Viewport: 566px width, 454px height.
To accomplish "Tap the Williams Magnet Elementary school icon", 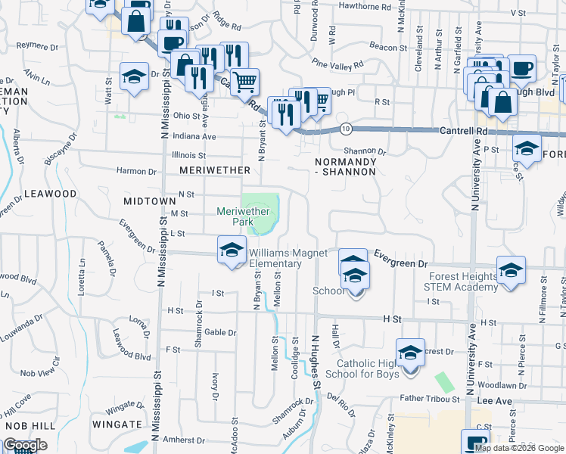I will [x=232, y=250].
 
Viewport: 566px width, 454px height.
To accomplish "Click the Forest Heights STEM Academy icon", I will [x=511, y=269].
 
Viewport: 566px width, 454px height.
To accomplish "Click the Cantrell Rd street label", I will [x=464, y=131].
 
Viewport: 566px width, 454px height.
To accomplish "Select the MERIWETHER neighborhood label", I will [x=208, y=171].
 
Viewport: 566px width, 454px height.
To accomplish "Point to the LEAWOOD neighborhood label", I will [x=51, y=194].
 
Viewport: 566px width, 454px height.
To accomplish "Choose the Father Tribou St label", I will [x=430, y=399].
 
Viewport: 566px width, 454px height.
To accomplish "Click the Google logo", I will [x=24, y=445].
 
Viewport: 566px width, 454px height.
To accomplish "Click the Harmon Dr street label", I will [x=135, y=172].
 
